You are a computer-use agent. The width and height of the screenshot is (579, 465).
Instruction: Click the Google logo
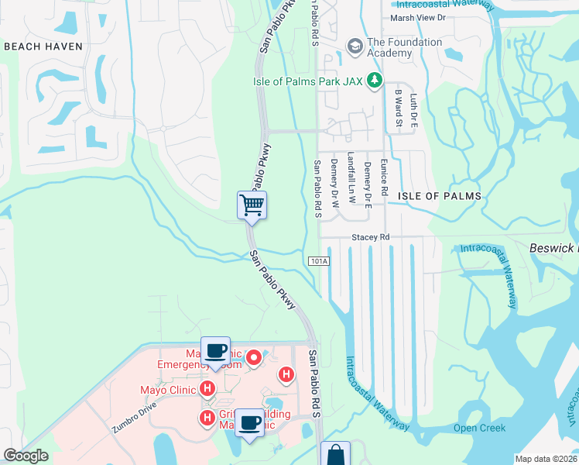[26, 456]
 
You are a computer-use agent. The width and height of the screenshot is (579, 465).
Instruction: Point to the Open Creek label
[479, 429]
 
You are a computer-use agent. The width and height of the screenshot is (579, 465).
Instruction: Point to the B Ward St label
[398, 107]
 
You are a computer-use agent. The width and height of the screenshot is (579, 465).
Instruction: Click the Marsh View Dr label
[418, 17]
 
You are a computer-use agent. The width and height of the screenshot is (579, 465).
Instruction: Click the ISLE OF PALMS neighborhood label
[439, 196]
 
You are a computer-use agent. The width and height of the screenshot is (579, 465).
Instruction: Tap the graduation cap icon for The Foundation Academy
[355, 46]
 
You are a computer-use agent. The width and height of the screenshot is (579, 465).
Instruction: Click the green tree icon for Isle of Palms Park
[375, 80]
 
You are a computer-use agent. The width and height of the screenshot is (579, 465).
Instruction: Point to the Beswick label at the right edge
[553, 248]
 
